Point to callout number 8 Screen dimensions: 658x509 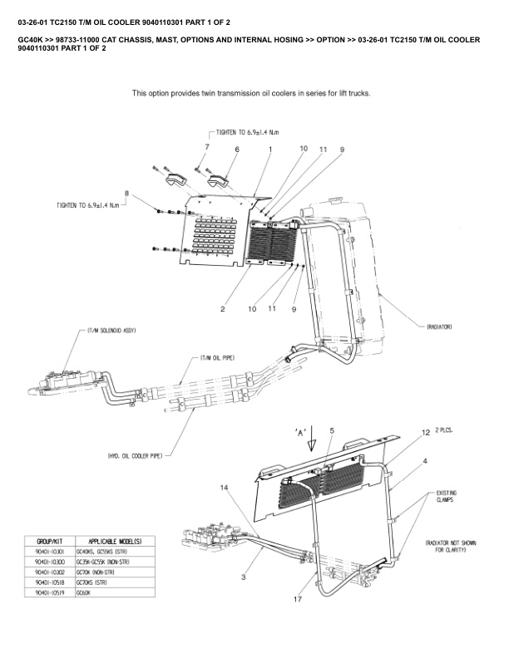coord(126,193)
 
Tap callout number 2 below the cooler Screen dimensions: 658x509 coord(223,309)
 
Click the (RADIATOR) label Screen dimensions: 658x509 coord(439,327)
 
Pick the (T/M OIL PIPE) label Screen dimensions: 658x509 coord(217,358)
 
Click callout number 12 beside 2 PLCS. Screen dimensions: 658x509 coord(426,433)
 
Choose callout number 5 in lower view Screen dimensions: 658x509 coord(331,430)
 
